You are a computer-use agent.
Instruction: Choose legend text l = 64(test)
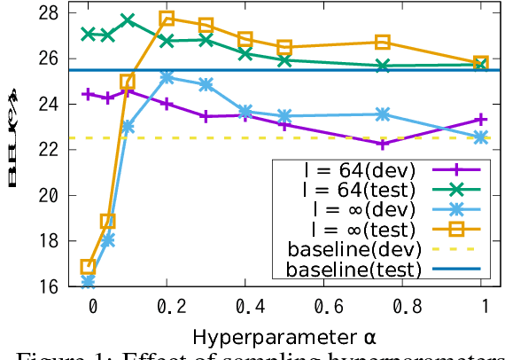(x=351, y=189)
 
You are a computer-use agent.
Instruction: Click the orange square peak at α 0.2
(x=167, y=19)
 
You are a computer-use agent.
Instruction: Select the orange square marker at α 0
(x=88, y=266)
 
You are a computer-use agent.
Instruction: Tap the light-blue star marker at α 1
(x=481, y=137)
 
